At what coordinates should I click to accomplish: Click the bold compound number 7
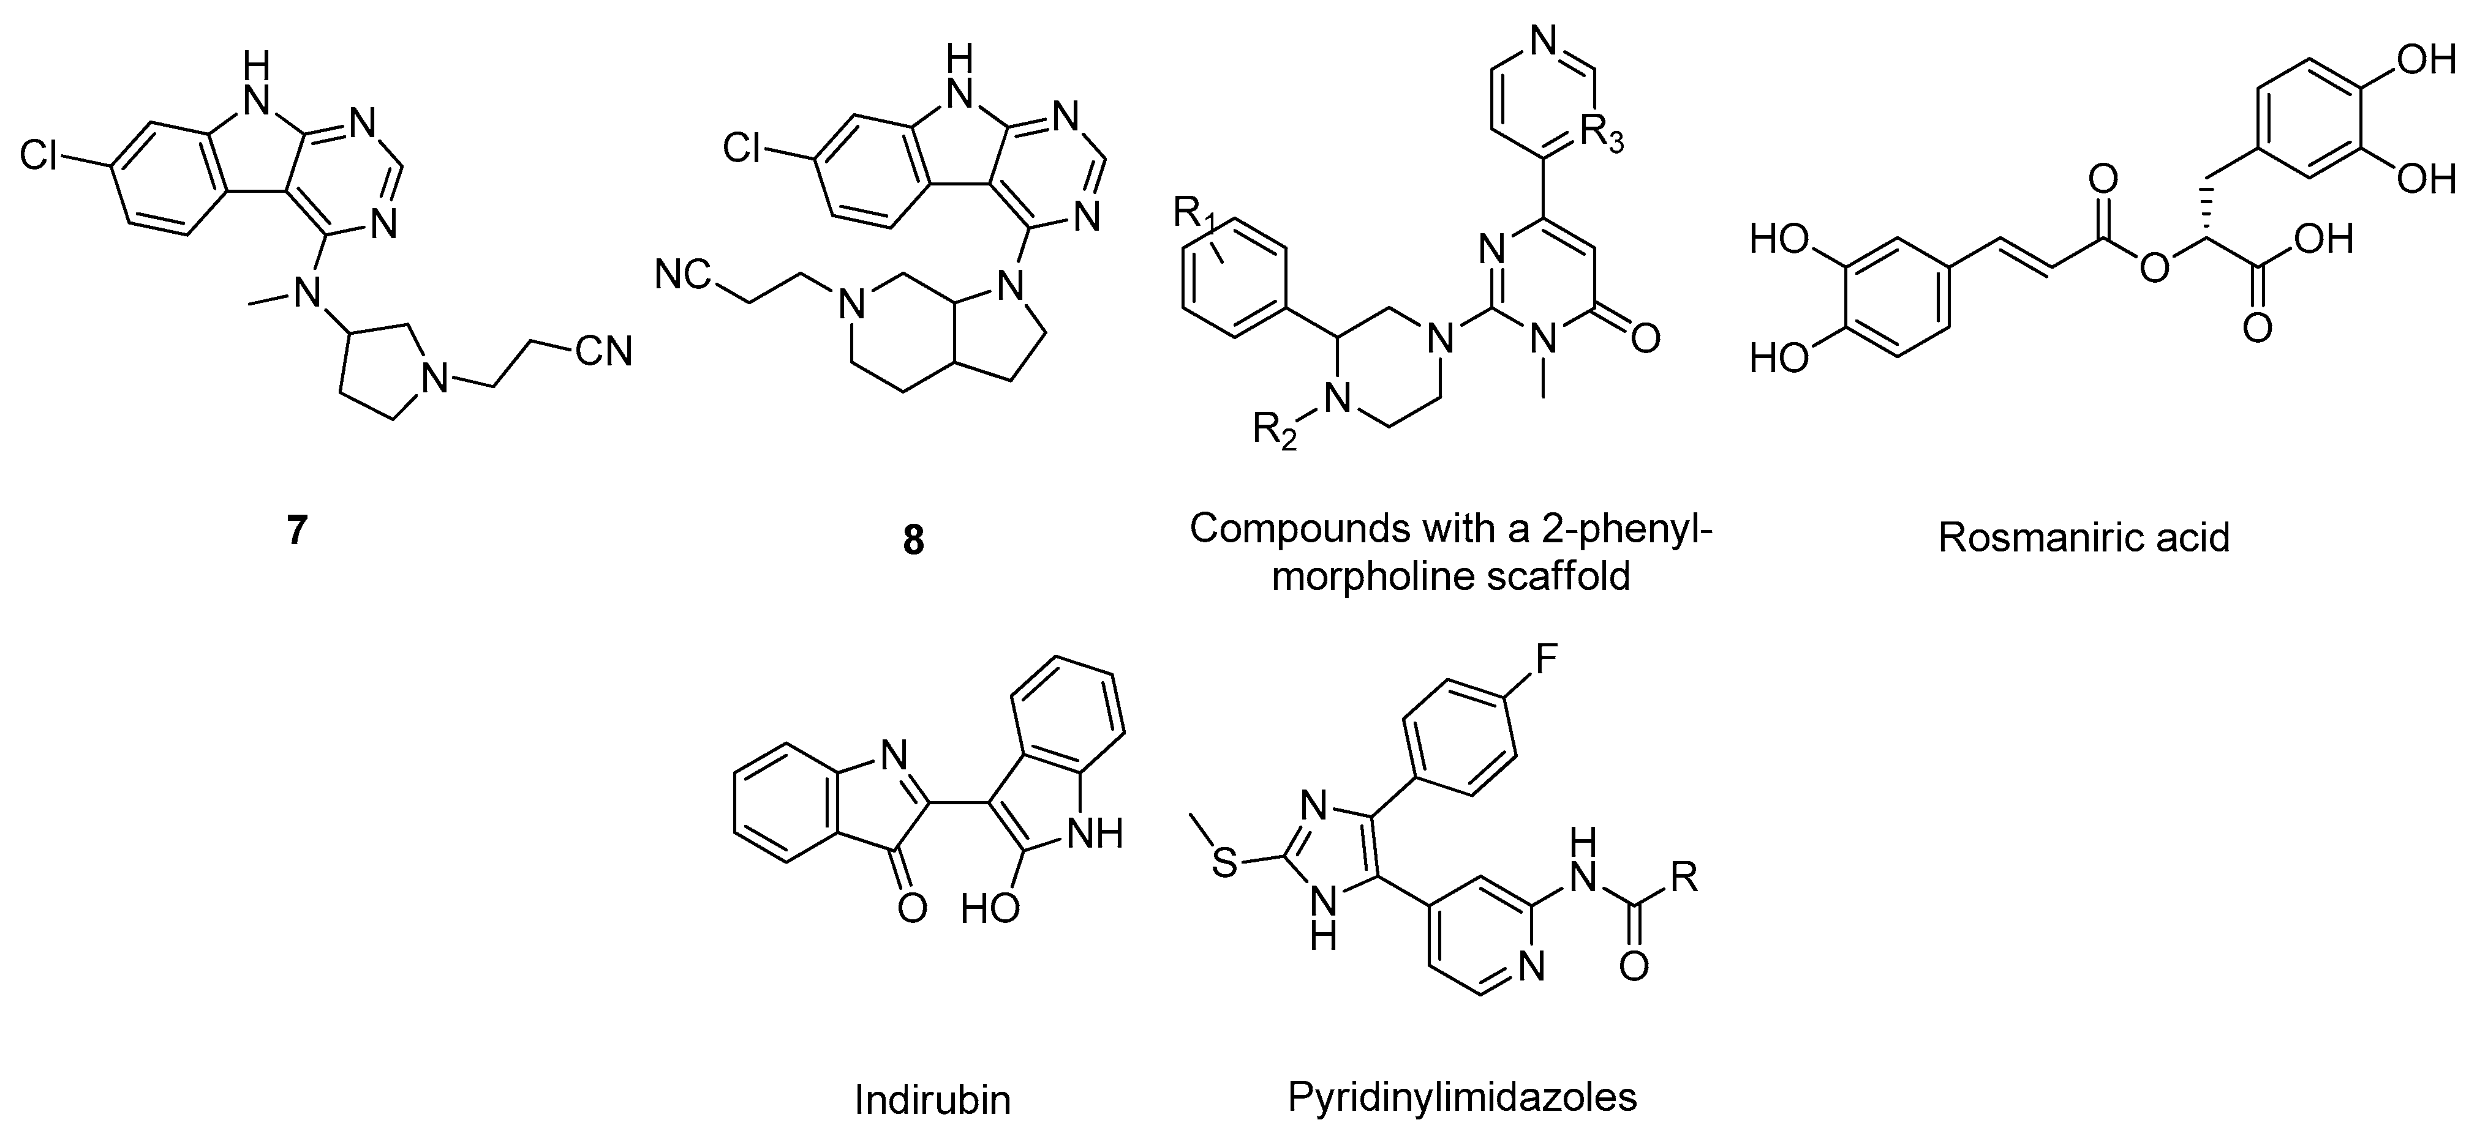(x=296, y=531)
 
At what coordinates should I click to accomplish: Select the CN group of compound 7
(x=603, y=352)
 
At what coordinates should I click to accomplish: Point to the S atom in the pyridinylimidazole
(x=1223, y=862)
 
